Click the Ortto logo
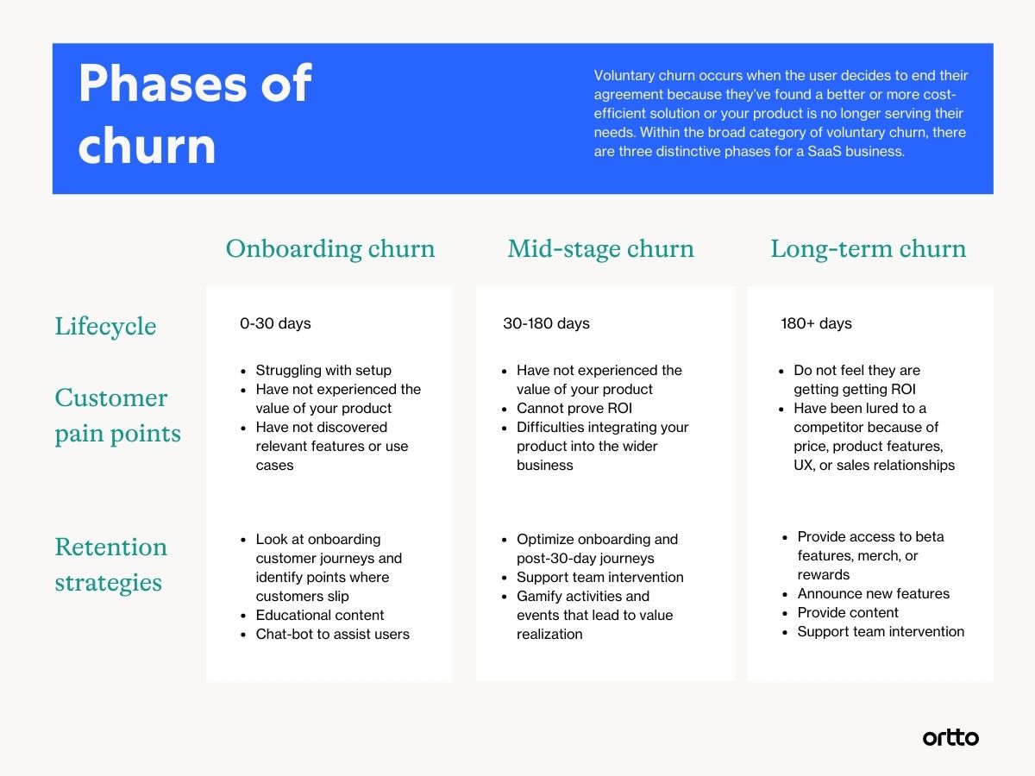950,737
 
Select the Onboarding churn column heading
330,249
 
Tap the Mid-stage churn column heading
600,249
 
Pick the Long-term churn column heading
868,249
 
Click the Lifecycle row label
105,327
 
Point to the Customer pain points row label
117,416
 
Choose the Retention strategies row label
110,565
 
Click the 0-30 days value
275,324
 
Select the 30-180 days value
546,324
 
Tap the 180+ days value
816,324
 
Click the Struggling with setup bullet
323,371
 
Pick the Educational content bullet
320,616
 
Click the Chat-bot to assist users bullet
332,635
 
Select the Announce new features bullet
873,594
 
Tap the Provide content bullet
848,613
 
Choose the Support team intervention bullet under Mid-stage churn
599,578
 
